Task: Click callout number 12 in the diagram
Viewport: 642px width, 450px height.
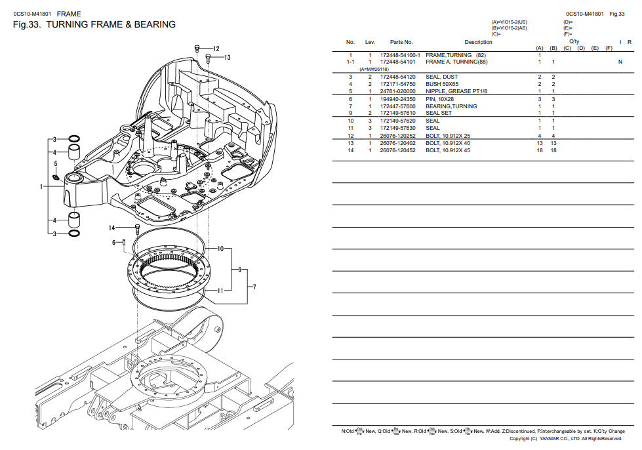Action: pos(216,49)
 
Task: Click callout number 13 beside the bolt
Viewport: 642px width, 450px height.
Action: pos(227,58)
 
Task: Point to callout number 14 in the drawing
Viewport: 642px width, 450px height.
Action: pos(111,228)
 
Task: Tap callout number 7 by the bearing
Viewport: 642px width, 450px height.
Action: pos(254,287)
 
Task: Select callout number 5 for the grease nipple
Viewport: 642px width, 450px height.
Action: pos(56,163)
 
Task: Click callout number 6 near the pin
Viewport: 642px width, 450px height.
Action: pos(113,243)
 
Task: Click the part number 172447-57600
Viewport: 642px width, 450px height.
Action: pos(397,106)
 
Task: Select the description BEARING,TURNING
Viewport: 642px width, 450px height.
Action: pos(451,106)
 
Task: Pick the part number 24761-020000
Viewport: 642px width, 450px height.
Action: pos(397,91)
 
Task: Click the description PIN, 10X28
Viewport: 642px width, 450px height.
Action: pos(439,99)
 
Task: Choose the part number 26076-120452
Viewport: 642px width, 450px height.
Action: pos(397,150)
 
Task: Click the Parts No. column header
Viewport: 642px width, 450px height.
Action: pos(401,42)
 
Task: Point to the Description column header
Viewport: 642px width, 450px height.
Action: pos(478,42)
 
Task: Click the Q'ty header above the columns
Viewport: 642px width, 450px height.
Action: pos(574,41)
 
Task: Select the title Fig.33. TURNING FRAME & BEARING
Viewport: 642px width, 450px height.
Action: pos(94,25)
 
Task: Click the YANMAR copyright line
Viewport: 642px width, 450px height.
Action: pos(565,439)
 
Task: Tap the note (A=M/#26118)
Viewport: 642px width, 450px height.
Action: pos(374,69)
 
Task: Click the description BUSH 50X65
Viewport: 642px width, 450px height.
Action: pos(442,84)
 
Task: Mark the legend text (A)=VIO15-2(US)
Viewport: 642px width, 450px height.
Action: pos(509,22)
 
